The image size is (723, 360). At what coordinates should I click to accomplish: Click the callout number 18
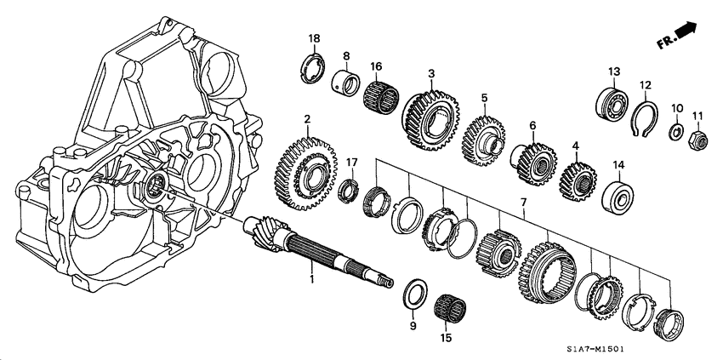point(315,39)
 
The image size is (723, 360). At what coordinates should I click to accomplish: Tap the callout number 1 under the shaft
point(311,278)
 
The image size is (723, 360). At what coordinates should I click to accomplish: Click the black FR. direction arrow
point(686,31)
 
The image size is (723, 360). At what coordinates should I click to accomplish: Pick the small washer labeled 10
point(677,132)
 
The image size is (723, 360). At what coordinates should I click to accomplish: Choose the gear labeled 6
point(531,159)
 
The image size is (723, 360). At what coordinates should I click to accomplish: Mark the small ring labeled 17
point(348,191)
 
